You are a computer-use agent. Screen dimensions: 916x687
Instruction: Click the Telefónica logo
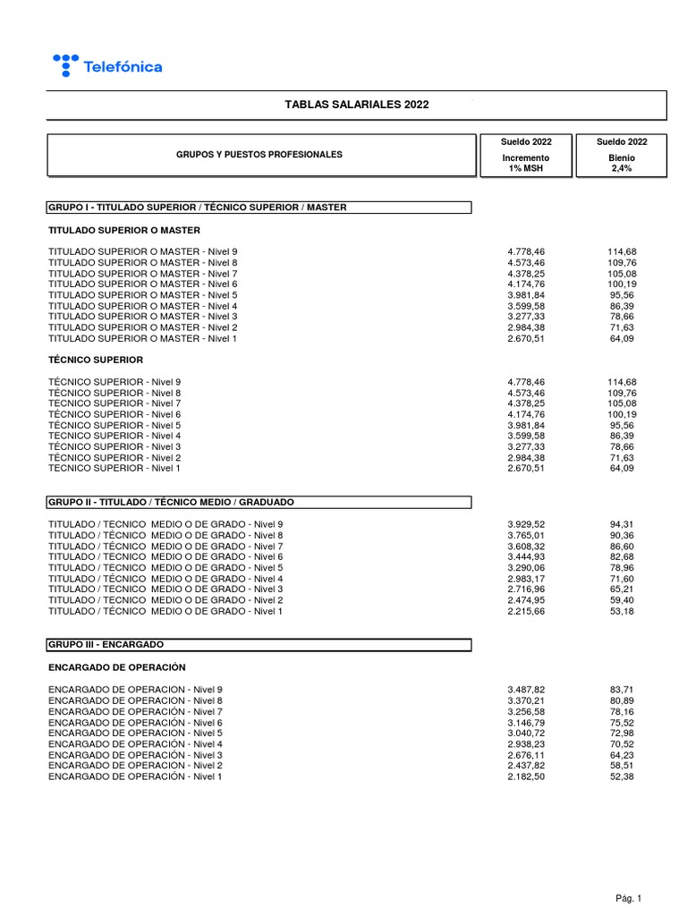click(107, 65)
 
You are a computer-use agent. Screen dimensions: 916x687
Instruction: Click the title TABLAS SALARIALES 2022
click(356, 105)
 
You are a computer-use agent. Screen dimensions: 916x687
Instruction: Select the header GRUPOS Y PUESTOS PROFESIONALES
click(259, 155)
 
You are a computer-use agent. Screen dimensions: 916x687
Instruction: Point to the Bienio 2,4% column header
click(622, 157)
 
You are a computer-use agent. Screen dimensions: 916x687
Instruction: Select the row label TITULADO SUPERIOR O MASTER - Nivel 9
click(143, 252)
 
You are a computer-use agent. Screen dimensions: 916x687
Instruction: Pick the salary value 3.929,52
click(525, 524)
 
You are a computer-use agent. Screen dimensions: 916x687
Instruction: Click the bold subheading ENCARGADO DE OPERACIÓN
click(116, 666)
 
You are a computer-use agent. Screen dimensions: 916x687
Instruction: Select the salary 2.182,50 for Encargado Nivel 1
click(525, 776)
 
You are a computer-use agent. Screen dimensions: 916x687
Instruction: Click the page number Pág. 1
click(628, 898)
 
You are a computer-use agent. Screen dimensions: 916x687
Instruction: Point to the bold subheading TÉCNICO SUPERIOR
click(96, 360)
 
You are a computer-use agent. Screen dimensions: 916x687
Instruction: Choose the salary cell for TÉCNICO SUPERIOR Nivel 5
click(525, 425)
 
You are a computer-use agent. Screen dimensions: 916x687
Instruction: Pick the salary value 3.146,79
click(525, 722)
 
